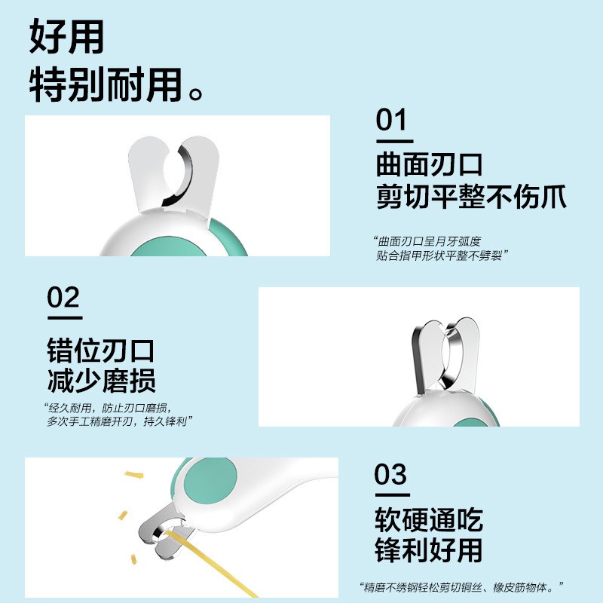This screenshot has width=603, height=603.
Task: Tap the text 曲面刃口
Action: coord(429,164)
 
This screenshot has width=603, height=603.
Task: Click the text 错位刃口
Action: coord(100,350)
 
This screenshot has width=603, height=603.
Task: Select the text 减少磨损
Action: coord(100,381)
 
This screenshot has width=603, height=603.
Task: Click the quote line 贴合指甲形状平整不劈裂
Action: coord(442,256)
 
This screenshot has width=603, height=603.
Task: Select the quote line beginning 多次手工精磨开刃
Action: coord(117,421)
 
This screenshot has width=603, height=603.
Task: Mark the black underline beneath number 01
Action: coord(394,141)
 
